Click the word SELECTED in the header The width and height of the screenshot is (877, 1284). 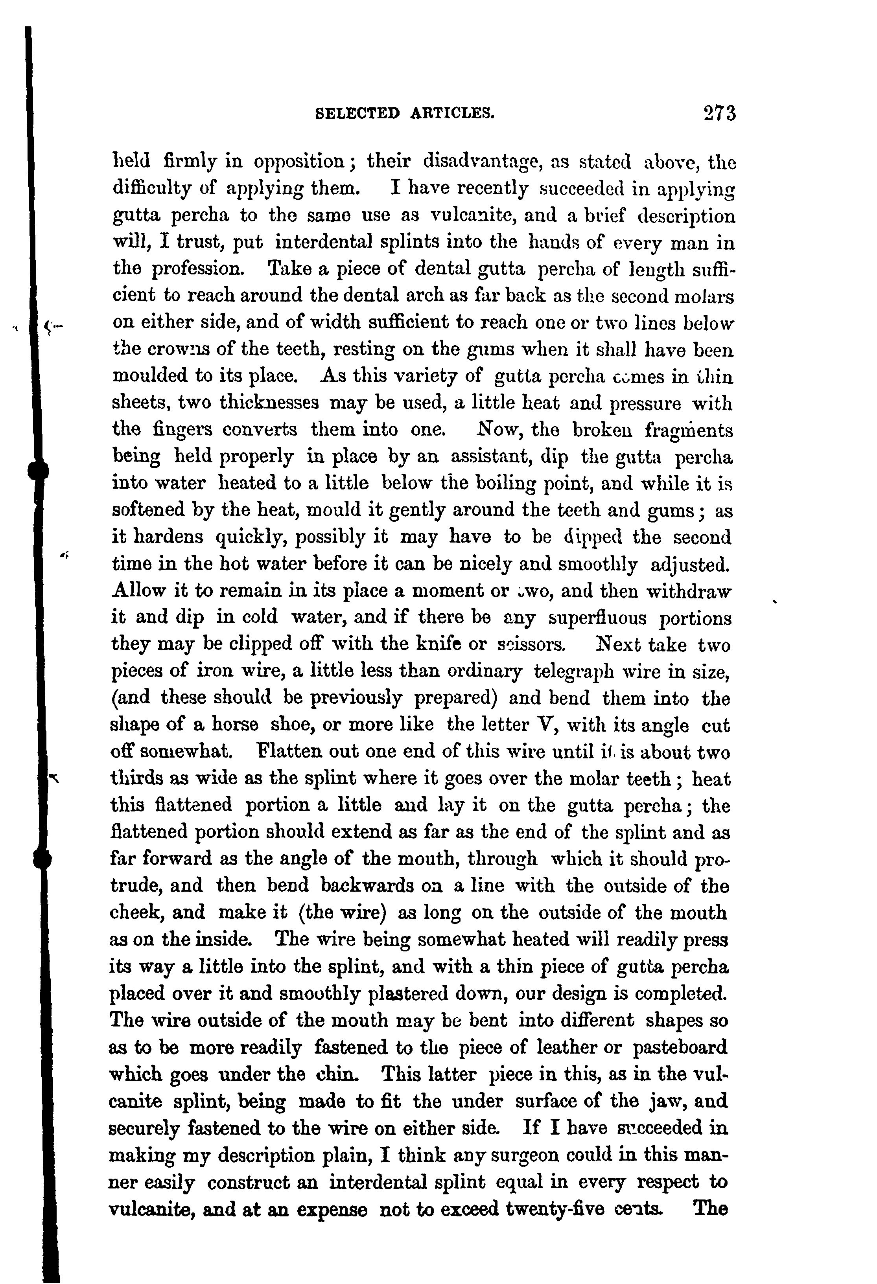pos(356,113)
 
